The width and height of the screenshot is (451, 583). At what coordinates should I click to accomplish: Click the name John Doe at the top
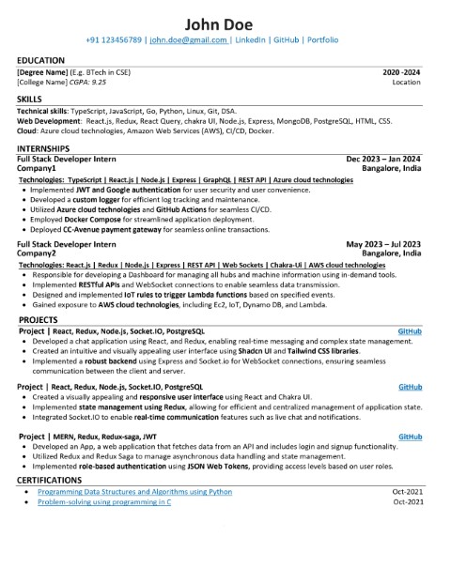[x=225, y=23]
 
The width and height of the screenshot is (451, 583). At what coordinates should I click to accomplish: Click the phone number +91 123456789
[x=117, y=41]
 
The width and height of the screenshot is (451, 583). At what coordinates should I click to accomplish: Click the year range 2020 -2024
[x=402, y=72]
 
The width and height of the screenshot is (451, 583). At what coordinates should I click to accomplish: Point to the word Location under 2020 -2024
[x=407, y=83]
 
